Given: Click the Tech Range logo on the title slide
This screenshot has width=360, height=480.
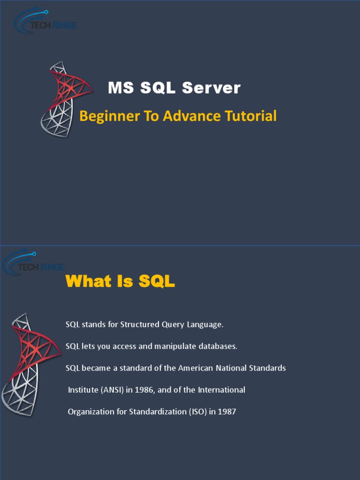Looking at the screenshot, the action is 45,21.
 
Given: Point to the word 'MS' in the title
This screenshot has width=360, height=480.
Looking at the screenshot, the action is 118,88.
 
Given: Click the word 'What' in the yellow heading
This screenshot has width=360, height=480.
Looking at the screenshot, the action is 89,281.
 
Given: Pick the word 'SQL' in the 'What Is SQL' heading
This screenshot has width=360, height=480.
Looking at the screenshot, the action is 157,281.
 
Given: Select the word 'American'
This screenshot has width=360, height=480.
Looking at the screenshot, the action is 195,368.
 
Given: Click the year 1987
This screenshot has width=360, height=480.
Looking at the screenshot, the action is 227,412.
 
